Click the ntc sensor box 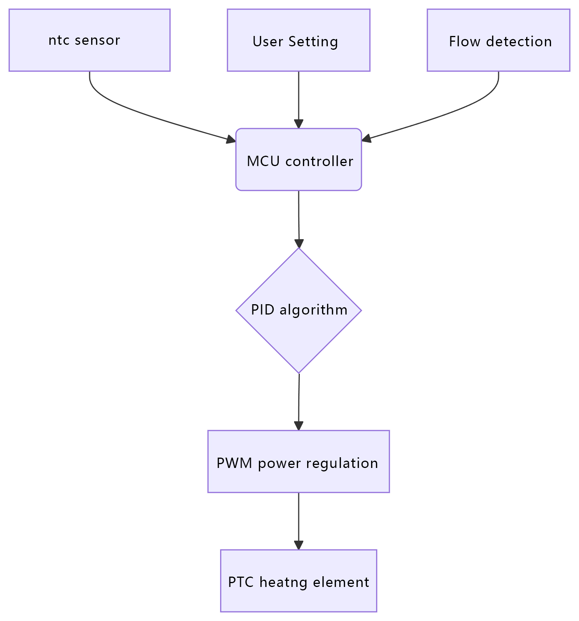89,40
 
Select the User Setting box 298,40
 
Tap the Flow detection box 498,40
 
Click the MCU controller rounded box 298,160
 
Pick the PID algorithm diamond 298,310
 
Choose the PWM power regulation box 298,461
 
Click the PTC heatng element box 298,581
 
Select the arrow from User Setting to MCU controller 298,99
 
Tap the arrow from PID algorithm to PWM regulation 299,402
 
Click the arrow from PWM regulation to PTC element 298,520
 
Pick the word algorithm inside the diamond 313,310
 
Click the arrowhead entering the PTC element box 298,545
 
